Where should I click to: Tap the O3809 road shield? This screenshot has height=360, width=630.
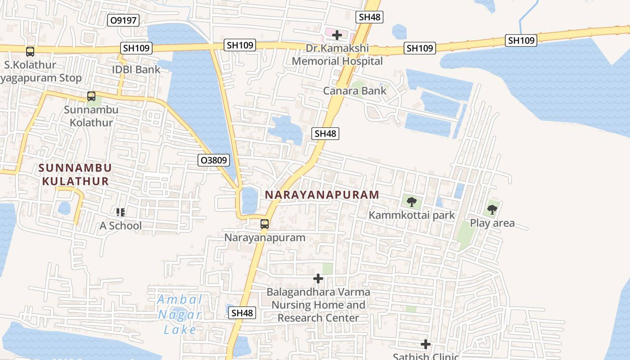click(214, 160)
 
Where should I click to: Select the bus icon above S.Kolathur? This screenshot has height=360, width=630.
click(30, 52)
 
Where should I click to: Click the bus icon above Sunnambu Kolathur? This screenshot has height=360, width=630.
click(91, 96)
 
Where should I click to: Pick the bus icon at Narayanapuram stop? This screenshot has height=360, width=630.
click(265, 224)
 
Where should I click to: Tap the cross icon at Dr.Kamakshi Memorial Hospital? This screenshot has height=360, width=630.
click(337, 35)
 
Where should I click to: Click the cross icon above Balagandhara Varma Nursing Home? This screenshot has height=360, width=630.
click(318, 279)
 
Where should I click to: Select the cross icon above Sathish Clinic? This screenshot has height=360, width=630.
click(426, 345)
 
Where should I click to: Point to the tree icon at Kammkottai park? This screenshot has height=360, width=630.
click(411, 202)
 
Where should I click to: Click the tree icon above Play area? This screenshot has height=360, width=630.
click(492, 209)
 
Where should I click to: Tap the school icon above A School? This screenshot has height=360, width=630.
click(120, 212)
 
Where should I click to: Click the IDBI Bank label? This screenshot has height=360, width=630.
click(136, 70)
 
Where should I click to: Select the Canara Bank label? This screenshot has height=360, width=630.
click(355, 91)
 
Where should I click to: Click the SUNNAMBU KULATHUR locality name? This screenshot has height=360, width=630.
click(75, 175)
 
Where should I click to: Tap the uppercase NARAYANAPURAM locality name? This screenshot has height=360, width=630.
click(322, 195)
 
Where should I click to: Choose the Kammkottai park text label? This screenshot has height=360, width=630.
click(412, 216)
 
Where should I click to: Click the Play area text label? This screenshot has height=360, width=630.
click(492, 223)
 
